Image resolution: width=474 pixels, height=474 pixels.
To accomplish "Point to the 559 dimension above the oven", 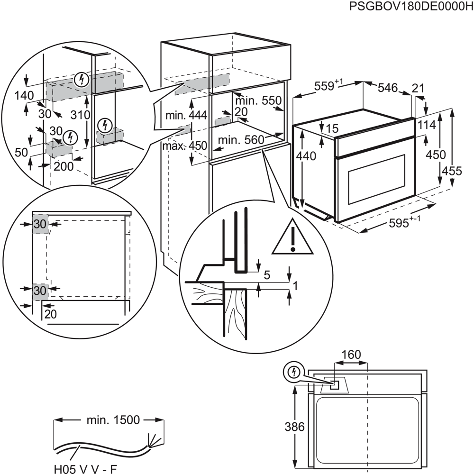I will (x=328, y=86).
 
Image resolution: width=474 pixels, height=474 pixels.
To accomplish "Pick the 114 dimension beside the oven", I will (x=427, y=124).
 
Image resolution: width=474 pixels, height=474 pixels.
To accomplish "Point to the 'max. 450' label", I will (x=185, y=146).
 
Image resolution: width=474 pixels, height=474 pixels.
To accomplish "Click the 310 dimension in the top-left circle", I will (x=80, y=115).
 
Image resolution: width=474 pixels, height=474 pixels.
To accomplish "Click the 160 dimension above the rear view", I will (x=351, y=355).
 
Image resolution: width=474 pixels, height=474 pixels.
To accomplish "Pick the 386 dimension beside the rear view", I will (x=294, y=427).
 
